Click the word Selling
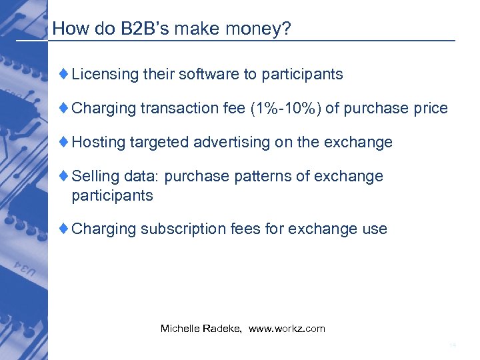point(94,176)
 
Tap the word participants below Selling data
point(112,195)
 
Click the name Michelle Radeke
point(201,329)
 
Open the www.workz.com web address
point(287,329)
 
